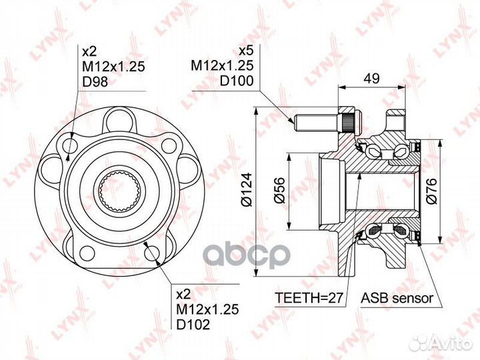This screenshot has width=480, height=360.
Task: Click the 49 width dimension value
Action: coord(372,78)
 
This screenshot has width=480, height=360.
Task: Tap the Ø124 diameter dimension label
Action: coord(247,190)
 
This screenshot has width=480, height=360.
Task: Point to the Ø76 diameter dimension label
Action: coord(431,191)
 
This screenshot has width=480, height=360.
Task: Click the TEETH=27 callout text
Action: coord(309,297)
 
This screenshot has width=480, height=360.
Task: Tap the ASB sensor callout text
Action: coord(397,297)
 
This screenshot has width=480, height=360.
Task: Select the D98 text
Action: coord(95,81)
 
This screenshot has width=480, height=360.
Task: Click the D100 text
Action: coord(237,81)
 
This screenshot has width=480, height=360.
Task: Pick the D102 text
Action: coord(193,324)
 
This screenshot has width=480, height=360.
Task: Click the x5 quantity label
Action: coord(246,51)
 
